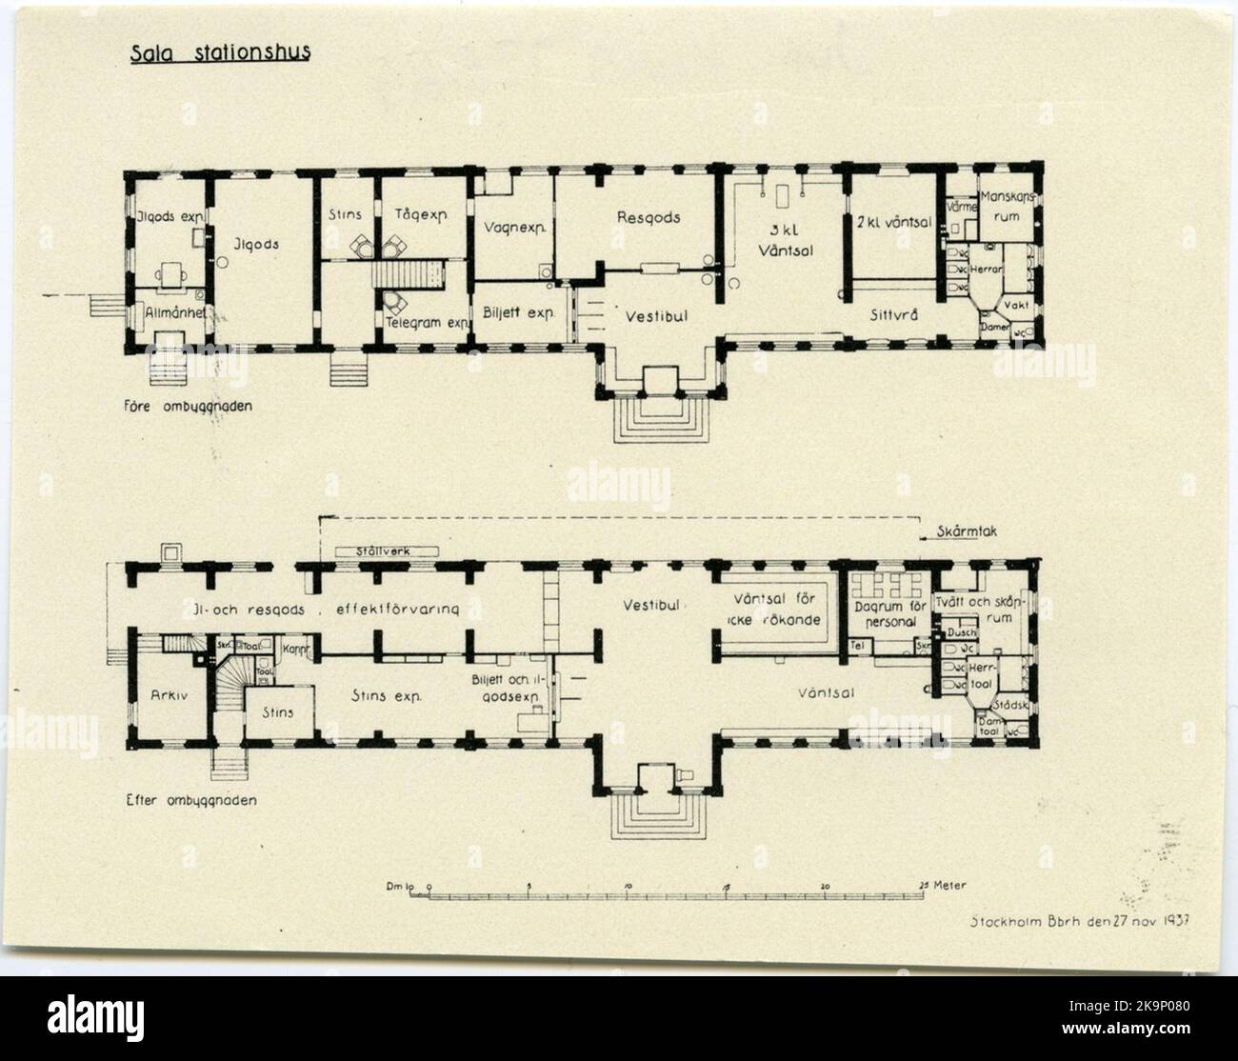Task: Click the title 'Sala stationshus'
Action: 221,53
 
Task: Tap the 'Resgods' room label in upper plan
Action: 648,217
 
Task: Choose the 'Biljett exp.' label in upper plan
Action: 517,310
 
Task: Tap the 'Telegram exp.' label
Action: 429,322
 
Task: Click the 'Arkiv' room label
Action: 167,695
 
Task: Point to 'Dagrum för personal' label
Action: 884,613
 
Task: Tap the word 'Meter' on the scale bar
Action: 949,885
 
